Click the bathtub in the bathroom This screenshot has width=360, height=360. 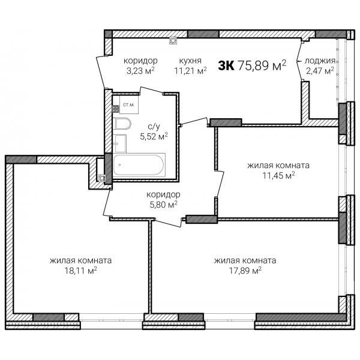pos(139,165)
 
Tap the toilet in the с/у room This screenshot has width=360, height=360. pos(122,124)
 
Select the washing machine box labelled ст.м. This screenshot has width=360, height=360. pos(129,104)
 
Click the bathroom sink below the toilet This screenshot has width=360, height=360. pos(120,143)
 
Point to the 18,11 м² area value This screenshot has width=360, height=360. pos(80,271)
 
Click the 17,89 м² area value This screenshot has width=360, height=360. pos(245,271)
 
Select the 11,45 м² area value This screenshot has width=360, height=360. pos(278,176)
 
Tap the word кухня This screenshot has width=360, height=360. pos(190,61)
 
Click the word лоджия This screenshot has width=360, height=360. pos(320,61)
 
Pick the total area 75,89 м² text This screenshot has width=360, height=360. pos(262,65)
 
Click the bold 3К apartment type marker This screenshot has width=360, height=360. pos(226,66)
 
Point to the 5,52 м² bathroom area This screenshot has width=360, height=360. pos(154,136)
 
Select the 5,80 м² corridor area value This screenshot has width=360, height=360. pos(163,204)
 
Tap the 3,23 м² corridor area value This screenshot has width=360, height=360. pos(140,70)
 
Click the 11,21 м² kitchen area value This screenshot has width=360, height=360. pos(191,70)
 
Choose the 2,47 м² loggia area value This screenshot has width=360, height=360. pos(320,70)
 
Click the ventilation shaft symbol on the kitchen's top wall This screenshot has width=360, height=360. pos(173,41)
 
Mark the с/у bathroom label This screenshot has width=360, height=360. pos(154,127)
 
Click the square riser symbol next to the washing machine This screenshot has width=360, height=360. pos(116,109)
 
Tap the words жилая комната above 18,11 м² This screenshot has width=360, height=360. pos(80,261)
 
